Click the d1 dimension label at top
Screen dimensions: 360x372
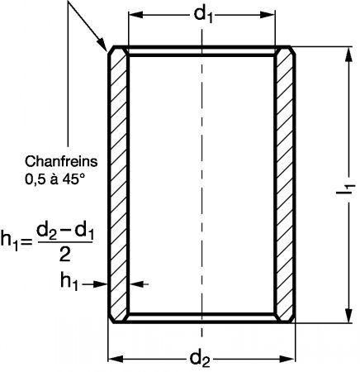[x=203, y=15]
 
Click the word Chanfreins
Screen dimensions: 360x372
[x=61, y=161]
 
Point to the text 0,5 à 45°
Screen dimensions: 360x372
[x=54, y=179]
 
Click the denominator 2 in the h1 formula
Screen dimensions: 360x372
[x=65, y=254]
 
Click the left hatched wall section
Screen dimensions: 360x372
[x=119, y=184]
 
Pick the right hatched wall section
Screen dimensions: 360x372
[x=285, y=184]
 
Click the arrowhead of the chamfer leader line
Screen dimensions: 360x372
[x=102, y=45]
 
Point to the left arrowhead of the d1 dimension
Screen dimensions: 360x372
[x=135, y=15]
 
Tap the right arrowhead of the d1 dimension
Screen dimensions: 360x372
[x=268, y=15]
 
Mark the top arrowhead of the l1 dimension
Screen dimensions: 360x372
[x=349, y=55]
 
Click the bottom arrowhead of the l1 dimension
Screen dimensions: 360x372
[x=349, y=315]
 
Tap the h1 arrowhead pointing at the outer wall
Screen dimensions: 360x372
[x=101, y=284]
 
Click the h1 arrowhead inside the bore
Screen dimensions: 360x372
[x=136, y=284]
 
